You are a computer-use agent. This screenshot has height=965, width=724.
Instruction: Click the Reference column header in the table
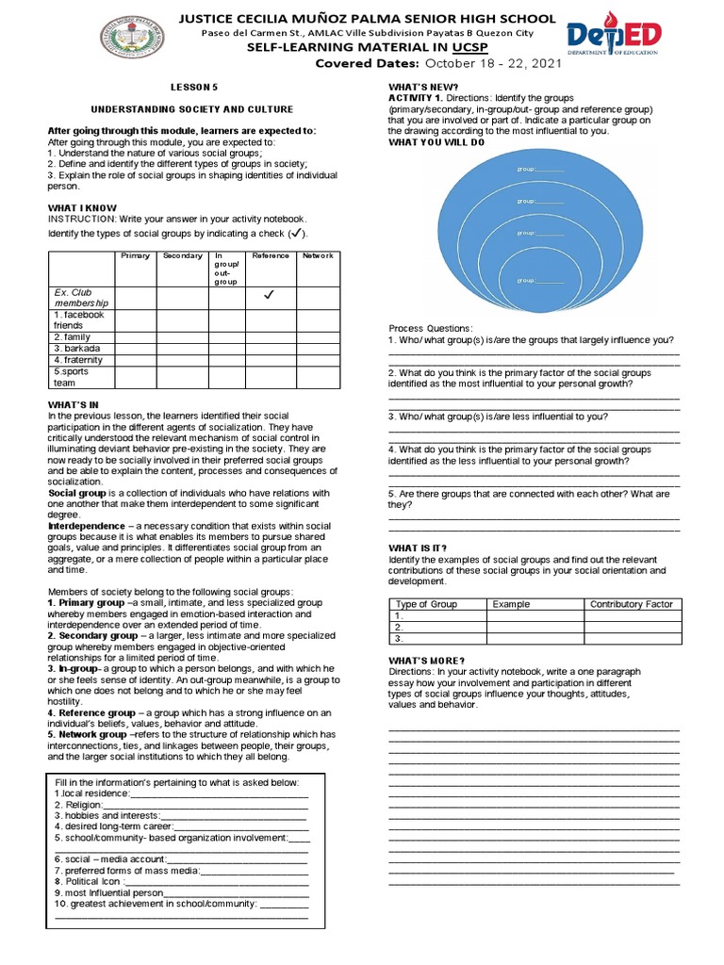tap(269, 256)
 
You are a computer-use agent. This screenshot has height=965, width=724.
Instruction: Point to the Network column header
tap(318, 256)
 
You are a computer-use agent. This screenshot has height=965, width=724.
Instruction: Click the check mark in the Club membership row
tap(269, 296)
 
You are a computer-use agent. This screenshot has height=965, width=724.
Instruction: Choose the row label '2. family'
tap(72, 336)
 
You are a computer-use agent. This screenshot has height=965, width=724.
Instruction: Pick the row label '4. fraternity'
tap(77, 360)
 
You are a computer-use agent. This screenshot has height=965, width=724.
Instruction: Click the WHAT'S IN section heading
tap(73, 404)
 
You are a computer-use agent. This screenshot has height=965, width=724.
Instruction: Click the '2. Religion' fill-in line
tap(179, 806)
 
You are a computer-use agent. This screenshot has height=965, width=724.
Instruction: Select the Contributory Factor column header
tap(631, 604)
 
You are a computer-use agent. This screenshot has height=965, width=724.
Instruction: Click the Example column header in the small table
tap(511, 604)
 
